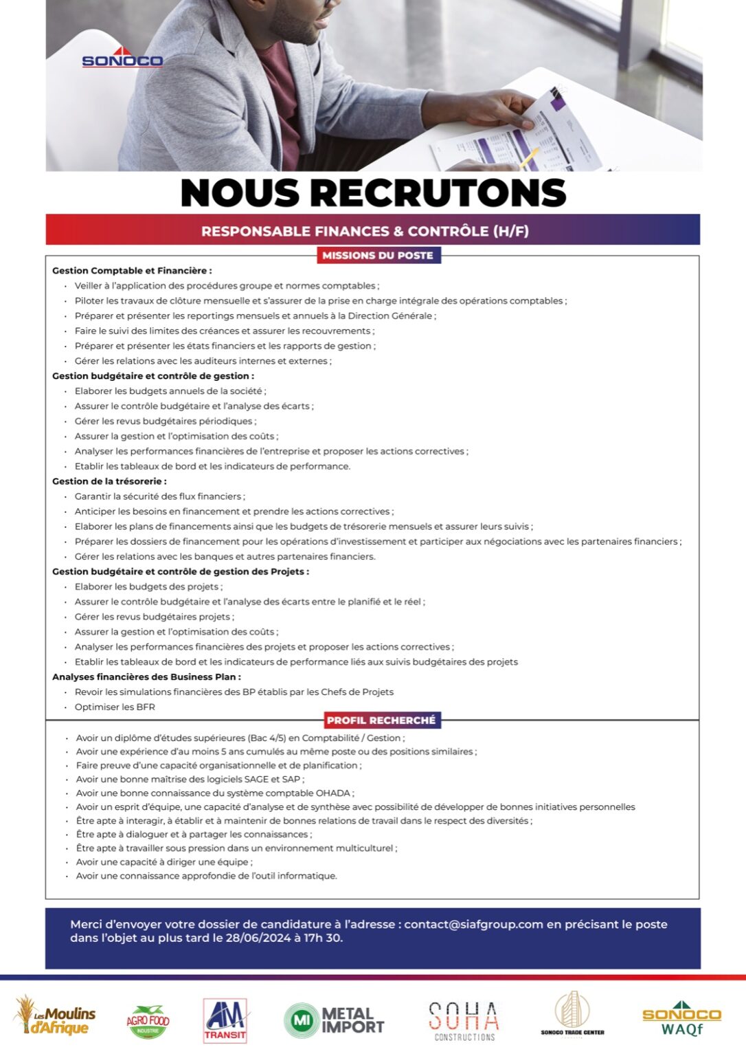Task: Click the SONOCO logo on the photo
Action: pos(122,59)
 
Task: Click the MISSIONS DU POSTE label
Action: pos(378,255)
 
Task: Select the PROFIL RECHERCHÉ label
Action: pos(381,720)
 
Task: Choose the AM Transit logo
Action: pos(225,1020)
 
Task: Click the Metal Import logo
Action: pos(335,1020)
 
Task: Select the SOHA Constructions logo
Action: pos(464,1020)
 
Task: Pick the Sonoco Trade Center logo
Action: pos(573,1013)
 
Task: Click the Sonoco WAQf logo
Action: pos(681,1019)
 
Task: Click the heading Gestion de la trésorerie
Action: pos(109,481)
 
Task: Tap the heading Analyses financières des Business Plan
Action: pos(146,676)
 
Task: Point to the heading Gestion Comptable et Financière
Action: pos(132,271)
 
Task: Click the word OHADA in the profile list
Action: pos(333,793)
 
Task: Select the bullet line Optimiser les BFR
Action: pos(115,707)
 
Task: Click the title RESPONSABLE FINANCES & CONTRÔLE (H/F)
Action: pos(365,231)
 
